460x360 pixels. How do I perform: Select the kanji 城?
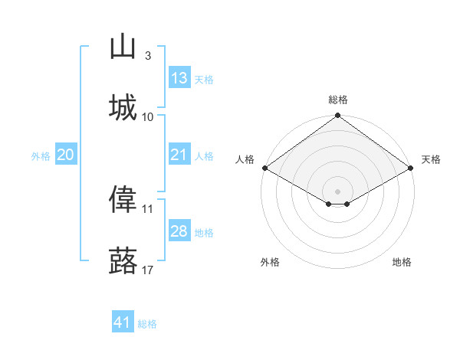(123, 107)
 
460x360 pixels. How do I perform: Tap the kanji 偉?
(123, 198)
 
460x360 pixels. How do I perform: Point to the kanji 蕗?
(123, 260)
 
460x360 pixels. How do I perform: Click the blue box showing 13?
(179, 77)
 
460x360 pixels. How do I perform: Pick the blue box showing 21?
(179, 154)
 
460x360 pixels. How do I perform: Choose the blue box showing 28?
(179, 230)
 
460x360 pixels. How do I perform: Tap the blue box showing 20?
(66, 154)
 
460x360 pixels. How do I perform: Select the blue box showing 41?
(123, 321)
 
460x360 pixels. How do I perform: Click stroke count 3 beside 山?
(148, 56)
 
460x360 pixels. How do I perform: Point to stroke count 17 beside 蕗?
(147, 270)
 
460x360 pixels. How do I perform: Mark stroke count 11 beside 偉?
(147, 209)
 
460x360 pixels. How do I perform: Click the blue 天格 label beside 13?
(204, 80)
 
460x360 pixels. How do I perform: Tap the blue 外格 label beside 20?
(41, 156)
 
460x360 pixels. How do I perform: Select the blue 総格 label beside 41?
(147, 324)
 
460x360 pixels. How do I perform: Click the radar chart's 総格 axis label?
(338, 100)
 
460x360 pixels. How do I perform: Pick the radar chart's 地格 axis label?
(402, 262)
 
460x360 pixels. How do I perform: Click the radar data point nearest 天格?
(411, 168)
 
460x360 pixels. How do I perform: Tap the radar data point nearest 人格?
(265, 168)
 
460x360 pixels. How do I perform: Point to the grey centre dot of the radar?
(337, 191)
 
